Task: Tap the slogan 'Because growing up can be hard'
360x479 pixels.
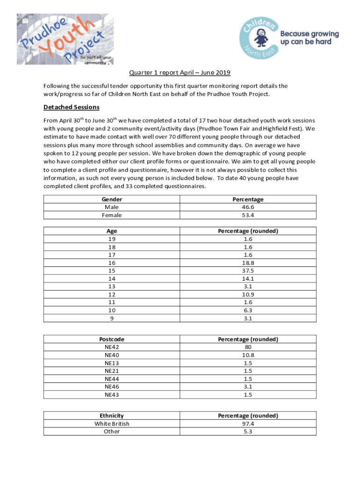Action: [x=309, y=38]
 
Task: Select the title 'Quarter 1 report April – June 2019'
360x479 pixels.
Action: [x=180, y=73]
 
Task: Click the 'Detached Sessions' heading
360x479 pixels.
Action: [x=71, y=107]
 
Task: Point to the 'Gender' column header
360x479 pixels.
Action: [x=112, y=199]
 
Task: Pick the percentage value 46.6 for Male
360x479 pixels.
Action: [x=248, y=207]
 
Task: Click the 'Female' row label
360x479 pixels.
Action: [x=112, y=215]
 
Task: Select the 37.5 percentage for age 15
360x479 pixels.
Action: [x=248, y=271]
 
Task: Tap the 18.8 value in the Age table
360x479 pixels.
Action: [x=248, y=263]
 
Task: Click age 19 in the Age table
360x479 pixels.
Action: [x=112, y=239]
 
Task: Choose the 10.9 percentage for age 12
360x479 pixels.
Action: [x=248, y=295]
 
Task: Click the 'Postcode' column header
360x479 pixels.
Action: [x=112, y=339]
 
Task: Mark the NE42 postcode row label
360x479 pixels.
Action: [x=112, y=347]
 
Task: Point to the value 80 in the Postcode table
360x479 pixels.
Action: [x=248, y=347]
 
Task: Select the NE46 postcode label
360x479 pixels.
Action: [x=112, y=387]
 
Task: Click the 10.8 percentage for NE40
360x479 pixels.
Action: [x=248, y=355]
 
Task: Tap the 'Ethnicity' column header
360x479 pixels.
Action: [x=112, y=415]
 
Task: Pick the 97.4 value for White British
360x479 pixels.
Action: [x=248, y=423]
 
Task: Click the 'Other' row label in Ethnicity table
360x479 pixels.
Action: [x=112, y=431]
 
